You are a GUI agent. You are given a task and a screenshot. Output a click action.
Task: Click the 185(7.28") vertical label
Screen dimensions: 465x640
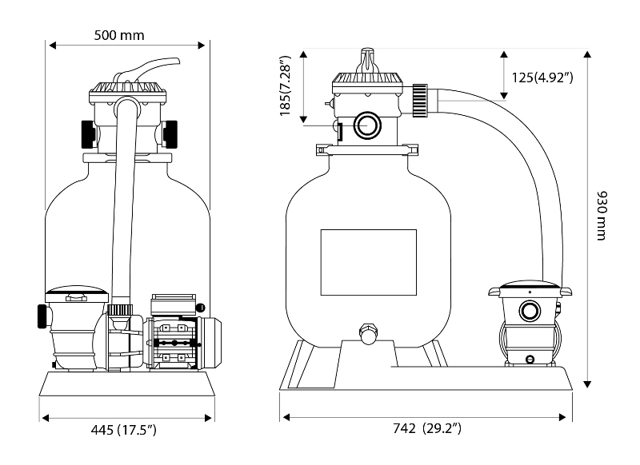(x=287, y=86)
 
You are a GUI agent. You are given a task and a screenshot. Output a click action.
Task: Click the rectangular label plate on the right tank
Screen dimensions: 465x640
(x=368, y=262)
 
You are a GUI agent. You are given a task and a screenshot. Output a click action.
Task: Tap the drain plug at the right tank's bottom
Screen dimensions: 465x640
(x=368, y=333)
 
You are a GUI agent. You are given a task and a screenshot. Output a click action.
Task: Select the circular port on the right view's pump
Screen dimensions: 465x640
(x=529, y=310)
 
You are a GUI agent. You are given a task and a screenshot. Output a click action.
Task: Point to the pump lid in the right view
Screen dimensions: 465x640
(x=529, y=284)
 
